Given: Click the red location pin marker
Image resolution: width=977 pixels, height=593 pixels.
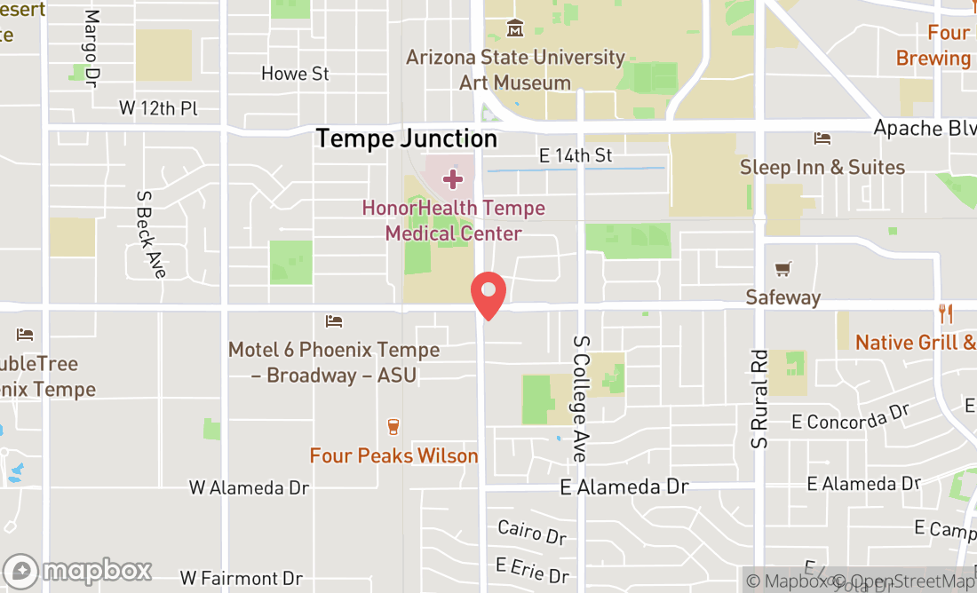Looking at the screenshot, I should (488, 295).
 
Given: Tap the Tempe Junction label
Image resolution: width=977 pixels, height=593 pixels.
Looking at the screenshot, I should (407, 138).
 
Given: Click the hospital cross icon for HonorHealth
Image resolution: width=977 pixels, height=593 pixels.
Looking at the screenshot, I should (453, 179).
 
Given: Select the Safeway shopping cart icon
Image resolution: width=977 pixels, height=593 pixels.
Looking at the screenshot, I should (783, 269).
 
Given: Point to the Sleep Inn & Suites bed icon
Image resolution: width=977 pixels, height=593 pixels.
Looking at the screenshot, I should (822, 138).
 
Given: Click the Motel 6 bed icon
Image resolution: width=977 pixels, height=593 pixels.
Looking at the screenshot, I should (334, 321).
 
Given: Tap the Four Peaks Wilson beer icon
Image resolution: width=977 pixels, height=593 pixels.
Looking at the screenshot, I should (393, 427).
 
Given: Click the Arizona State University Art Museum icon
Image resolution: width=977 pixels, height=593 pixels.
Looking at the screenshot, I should (515, 29).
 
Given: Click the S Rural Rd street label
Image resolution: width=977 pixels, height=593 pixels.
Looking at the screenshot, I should (759, 396).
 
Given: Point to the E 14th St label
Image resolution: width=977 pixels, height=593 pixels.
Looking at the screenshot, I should (576, 155).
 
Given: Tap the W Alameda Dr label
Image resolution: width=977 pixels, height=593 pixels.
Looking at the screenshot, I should (249, 488).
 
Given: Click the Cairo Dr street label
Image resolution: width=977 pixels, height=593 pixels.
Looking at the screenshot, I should (532, 533).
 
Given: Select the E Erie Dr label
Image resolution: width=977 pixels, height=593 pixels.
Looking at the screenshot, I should (532, 569).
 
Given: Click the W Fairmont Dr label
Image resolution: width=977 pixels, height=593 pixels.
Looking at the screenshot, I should (241, 579).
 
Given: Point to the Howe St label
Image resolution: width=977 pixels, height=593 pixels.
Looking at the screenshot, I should (296, 74).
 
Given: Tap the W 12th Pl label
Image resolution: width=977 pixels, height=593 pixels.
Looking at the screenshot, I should (158, 108).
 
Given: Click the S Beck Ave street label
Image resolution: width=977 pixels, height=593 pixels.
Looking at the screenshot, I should (151, 233).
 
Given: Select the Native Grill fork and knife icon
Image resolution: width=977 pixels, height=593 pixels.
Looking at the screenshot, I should (947, 313).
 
